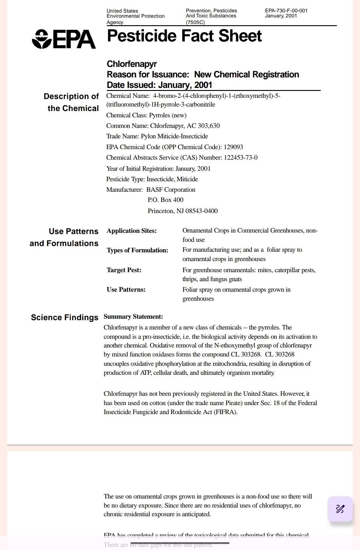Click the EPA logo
64,39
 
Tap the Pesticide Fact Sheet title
184,36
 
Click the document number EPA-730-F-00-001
286,11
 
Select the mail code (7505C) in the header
195,22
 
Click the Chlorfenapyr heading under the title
132,64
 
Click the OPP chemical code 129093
233,147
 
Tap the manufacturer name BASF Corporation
171,190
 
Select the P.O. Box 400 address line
165,200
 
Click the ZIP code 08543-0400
202,211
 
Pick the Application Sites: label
132,231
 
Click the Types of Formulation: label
137,250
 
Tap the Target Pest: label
124,270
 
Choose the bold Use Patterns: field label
126,290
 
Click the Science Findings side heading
64,317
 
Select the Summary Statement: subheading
133,317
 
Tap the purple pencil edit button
340,509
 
